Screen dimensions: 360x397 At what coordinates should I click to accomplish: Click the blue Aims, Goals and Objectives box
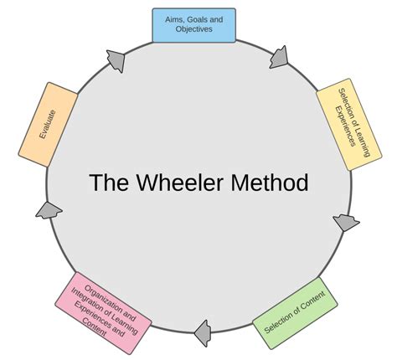193,25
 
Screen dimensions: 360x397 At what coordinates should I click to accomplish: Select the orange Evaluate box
49,124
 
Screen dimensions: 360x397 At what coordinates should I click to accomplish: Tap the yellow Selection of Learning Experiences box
348,125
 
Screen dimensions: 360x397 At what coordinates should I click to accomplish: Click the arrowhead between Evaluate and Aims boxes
116,59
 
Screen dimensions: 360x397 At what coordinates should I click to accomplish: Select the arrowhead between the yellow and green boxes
344,223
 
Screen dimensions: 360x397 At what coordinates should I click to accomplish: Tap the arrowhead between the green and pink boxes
203,333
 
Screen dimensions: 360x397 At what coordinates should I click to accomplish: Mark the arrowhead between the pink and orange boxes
49,211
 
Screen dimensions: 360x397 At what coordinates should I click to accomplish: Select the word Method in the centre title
270,183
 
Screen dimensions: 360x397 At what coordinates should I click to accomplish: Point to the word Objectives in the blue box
193,30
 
